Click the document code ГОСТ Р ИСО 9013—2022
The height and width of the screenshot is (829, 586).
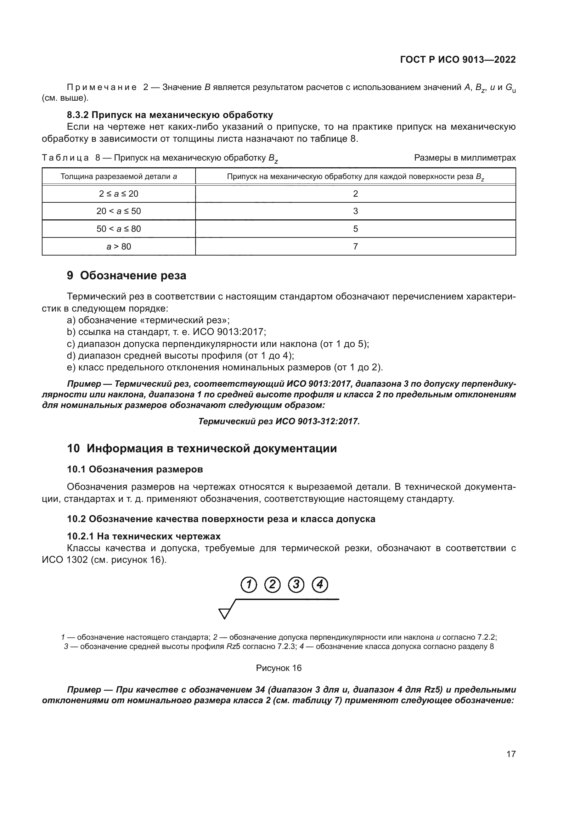pos(457,60)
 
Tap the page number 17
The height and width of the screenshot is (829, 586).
pos(511,754)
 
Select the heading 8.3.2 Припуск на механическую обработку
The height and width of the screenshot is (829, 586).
pos(170,115)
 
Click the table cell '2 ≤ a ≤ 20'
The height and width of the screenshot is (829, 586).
pos(118,194)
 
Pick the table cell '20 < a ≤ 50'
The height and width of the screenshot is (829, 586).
pos(118,211)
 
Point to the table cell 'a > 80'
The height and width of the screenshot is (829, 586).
pos(118,247)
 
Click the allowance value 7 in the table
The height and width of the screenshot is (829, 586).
pos(355,247)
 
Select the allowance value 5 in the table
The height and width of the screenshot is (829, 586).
pos(355,229)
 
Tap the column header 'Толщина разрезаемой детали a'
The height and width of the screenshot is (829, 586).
pos(118,177)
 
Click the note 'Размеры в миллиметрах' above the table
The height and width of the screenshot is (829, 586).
pos(465,158)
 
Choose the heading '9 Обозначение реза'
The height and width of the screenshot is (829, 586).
pos(126,275)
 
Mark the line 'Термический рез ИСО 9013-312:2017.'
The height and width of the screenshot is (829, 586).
pos(279,421)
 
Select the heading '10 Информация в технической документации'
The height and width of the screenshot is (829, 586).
pos(202,448)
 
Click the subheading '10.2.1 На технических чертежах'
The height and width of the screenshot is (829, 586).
pos(143,536)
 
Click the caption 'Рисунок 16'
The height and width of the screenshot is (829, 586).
pos(278,668)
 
